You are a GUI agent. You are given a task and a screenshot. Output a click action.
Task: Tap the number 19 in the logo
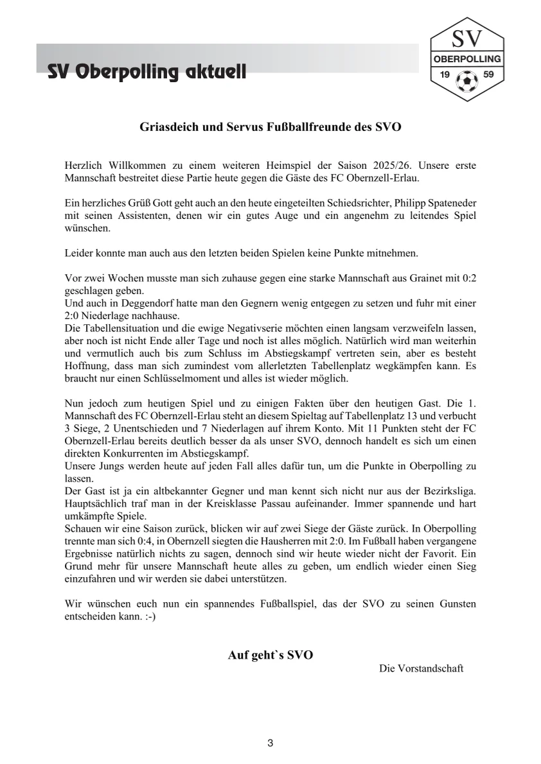[444, 74]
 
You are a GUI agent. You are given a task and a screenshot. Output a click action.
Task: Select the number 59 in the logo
[488, 74]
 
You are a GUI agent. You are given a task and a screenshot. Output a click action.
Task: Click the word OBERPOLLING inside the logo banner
[466, 59]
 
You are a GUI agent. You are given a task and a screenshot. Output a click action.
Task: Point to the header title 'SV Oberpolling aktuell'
[146, 72]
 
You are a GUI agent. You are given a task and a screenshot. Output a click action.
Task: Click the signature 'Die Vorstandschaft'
[421, 668]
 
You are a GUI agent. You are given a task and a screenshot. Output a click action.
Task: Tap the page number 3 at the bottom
[270, 743]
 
